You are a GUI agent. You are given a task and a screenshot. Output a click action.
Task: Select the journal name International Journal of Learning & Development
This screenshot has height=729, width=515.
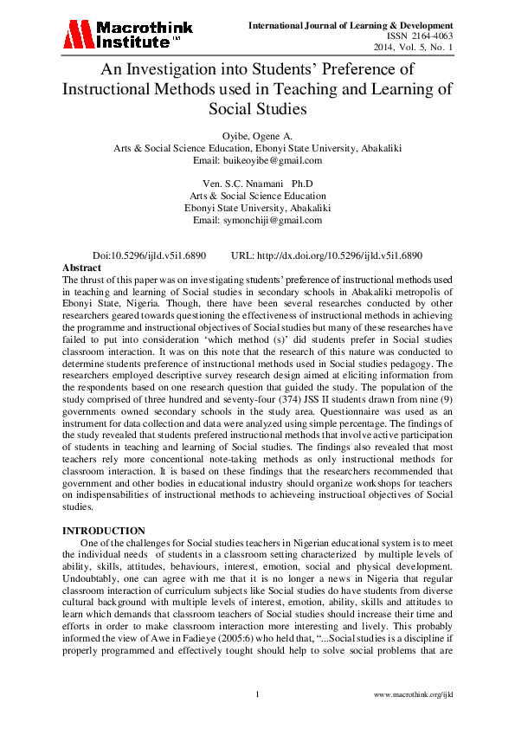(x=351, y=24)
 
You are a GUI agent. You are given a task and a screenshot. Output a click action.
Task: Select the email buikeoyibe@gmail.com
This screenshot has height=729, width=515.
(x=257, y=160)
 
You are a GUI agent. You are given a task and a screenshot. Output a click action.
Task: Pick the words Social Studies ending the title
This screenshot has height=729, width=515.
(x=257, y=110)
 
